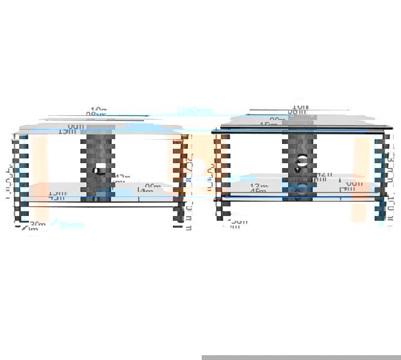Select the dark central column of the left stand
coord(100,150)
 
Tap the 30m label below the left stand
coord(38,224)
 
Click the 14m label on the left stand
coord(145,191)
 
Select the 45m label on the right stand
coord(259,191)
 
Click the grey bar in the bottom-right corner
coord(301,357)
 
